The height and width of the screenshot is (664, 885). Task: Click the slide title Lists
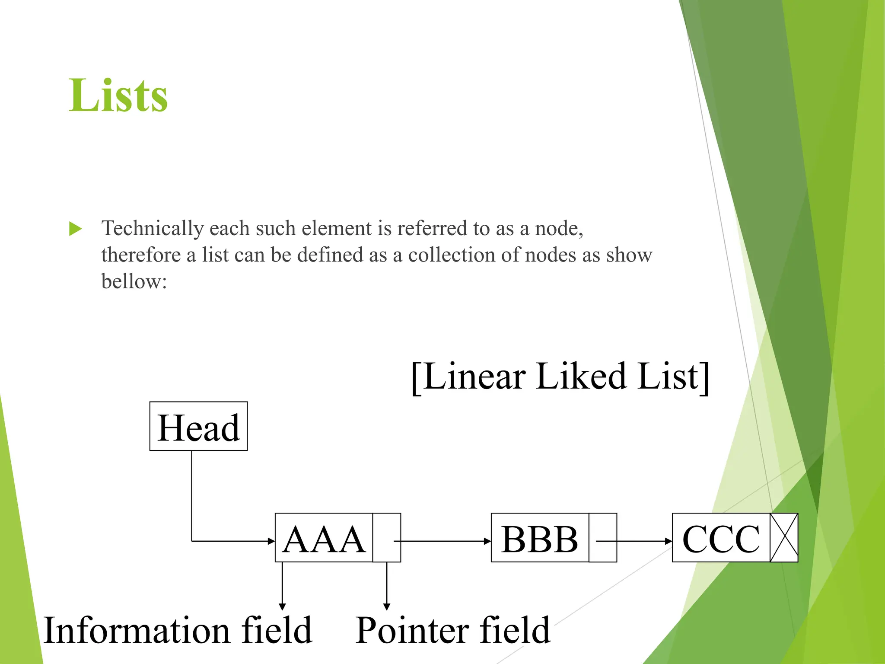coord(118,96)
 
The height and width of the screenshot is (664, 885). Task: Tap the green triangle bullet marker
coord(75,229)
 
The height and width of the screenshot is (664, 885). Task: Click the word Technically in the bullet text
coord(152,228)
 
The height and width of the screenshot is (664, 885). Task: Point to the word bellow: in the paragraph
coord(134,282)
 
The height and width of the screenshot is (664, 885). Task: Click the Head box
coord(198,426)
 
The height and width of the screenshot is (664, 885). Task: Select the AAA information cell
coord(324,538)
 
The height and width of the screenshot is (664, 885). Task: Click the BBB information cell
coord(540,538)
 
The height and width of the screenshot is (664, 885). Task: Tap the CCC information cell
coord(721,538)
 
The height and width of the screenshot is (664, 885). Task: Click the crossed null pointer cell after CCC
coord(784,538)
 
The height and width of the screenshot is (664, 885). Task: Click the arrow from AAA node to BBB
coord(445,541)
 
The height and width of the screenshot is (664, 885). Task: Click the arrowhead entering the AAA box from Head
coord(271,541)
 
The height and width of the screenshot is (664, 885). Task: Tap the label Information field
coord(178,631)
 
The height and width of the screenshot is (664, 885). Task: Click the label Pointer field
coord(453,631)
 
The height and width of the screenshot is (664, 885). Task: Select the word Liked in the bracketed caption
coord(582,376)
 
